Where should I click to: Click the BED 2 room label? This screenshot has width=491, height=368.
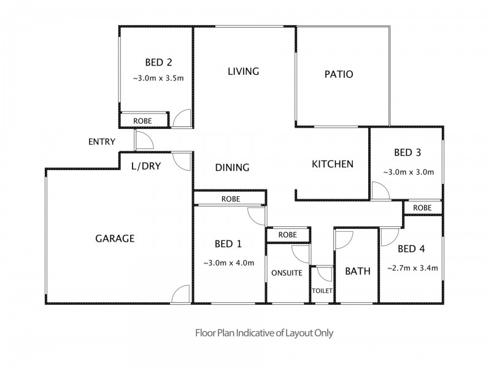(x=158, y=63)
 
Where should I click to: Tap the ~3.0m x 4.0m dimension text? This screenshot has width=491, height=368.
(x=228, y=263)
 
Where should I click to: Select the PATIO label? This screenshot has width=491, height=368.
(x=339, y=74)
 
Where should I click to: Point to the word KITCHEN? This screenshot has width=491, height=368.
(x=333, y=164)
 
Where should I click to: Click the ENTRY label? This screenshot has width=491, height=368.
(x=102, y=142)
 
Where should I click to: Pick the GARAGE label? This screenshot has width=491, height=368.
(x=115, y=239)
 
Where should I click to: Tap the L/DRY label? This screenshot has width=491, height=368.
(x=146, y=166)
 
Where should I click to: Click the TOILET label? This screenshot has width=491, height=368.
(x=322, y=291)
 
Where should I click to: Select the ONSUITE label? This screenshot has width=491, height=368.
(x=287, y=273)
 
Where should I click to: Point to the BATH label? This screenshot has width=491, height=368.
(x=358, y=271)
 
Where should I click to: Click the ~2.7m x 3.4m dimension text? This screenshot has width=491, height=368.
(x=412, y=268)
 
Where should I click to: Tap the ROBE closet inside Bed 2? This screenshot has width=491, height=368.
(x=142, y=121)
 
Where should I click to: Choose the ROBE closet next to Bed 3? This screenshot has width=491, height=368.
(x=422, y=208)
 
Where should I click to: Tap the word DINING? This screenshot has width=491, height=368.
(x=232, y=167)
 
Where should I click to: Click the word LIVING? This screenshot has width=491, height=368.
(x=243, y=72)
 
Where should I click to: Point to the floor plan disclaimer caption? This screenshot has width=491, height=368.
(x=264, y=333)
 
